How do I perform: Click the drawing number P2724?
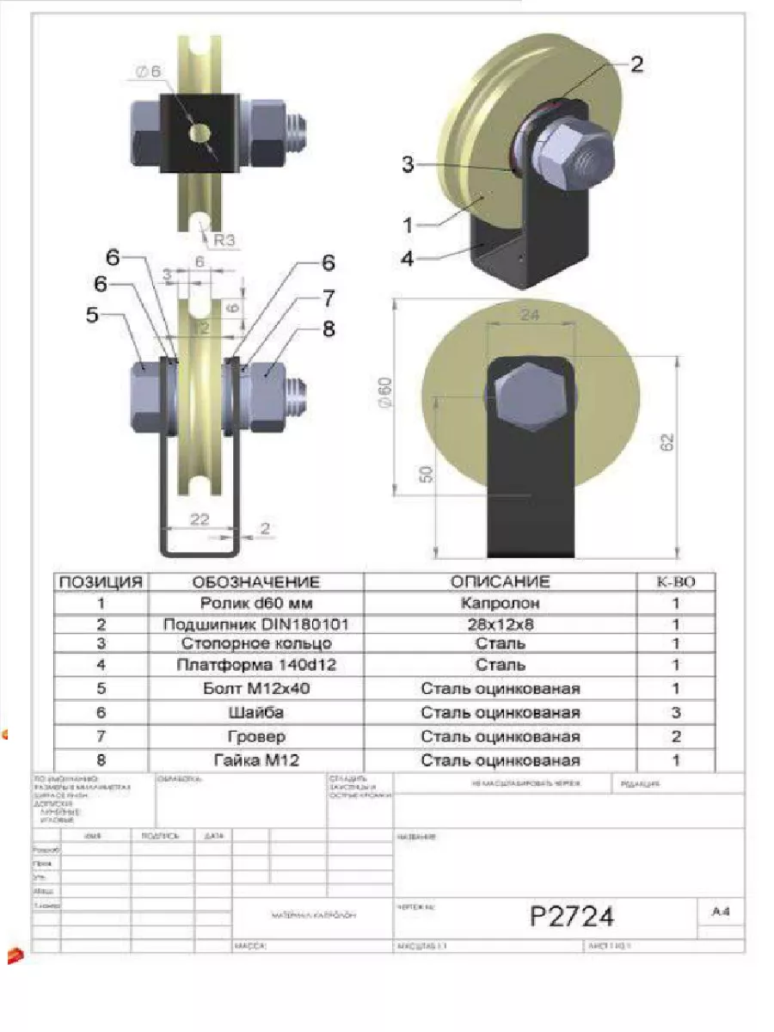coord(572,917)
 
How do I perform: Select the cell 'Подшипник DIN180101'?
coord(255,623)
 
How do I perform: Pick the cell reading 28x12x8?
coord(500,623)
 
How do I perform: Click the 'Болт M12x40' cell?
coord(255,688)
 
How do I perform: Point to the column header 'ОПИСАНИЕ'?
coord(500,582)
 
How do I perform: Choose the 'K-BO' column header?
coord(676,582)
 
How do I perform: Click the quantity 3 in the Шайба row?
coord(676,712)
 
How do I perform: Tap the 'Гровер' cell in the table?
coord(255,736)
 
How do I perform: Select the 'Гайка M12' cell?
coord(255,760)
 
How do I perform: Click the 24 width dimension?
coord(530,316)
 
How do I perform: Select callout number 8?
coord(328,329)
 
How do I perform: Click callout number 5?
coord(93,316)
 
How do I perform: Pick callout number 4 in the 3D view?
coord(408,256)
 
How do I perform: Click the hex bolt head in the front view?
coord(529,396)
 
